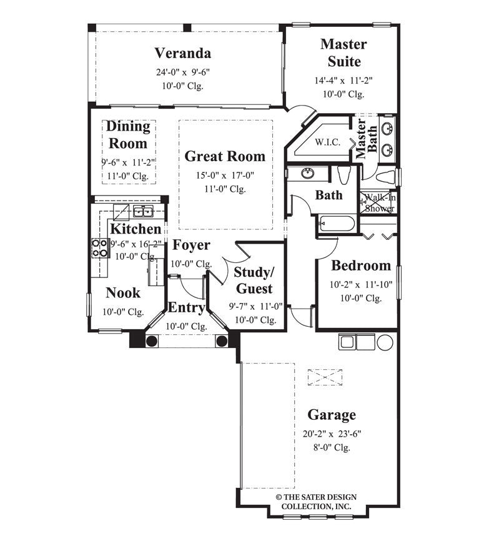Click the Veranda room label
[x=182, y=52]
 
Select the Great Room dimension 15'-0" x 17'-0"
[x=225, y=175]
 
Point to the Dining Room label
[x=127, y=134]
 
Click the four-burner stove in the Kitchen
[x=100, y=248]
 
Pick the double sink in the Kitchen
[x=143, y=211]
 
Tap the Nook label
[x=123, y=292]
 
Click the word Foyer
[x=191, y=245]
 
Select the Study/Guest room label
[x=253, y=280]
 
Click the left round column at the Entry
[x=151, y=341]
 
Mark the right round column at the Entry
[x=221, y=341]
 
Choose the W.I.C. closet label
[x=327, y=142]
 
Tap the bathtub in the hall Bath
[x=337, y=224]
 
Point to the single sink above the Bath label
[x=307, y=173]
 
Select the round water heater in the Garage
[x=385, y=342]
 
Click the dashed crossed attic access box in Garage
[x=325, y=377]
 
